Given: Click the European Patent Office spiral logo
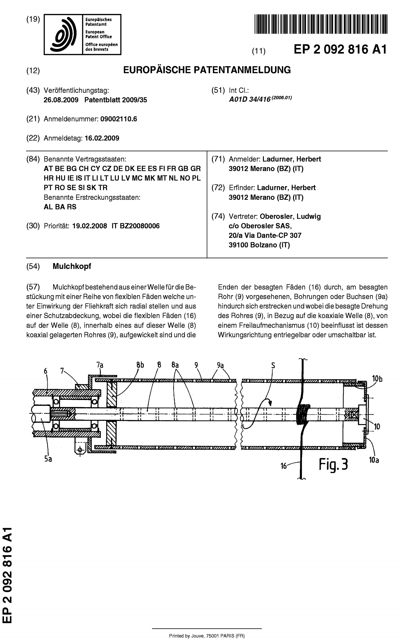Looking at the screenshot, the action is [x=63, y=34].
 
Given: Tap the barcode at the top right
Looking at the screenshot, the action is [x=321, y=24].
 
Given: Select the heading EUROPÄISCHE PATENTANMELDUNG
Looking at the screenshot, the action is [x=207, y=70].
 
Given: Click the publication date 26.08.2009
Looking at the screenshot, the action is [x=61, y=100].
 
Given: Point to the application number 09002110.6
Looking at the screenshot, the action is [x=119, y=119].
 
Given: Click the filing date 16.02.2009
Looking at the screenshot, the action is [x=102, y=138].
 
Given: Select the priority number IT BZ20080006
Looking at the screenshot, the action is [x=136, y=226].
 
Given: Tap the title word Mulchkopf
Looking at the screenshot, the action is [x=72, y=267].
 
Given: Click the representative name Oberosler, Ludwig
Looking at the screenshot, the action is [x=290, y=217].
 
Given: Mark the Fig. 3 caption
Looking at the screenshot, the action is [x=334, y=465].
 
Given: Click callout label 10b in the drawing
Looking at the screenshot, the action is [x=377, y=378].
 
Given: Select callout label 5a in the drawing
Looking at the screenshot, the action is [x=48, y=459].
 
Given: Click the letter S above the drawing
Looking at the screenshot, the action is [x=273, y=366].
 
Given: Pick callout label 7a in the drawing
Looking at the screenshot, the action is [x=100, y=365].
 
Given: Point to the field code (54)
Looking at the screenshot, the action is [x=33, y=267].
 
